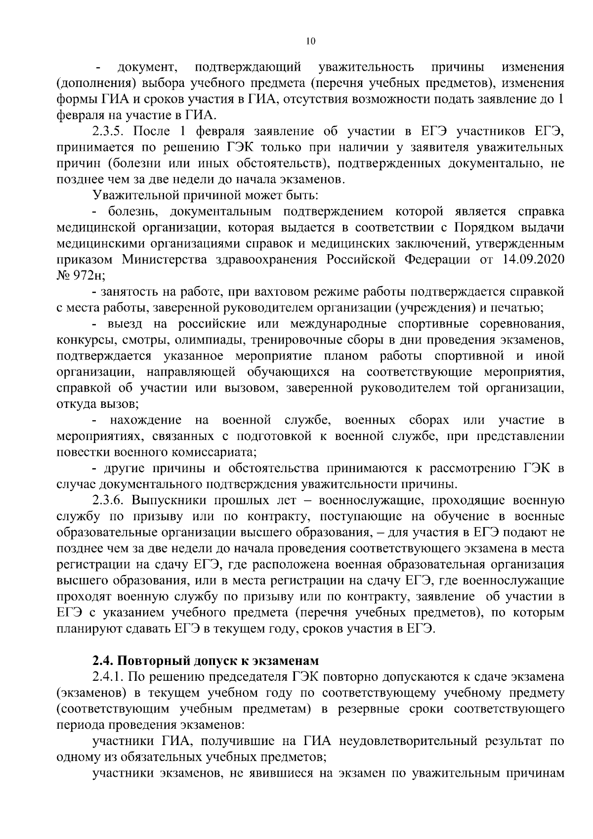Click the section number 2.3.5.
(109, 131)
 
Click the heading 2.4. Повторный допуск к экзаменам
(206, 661)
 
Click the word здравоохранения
(269, 260)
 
